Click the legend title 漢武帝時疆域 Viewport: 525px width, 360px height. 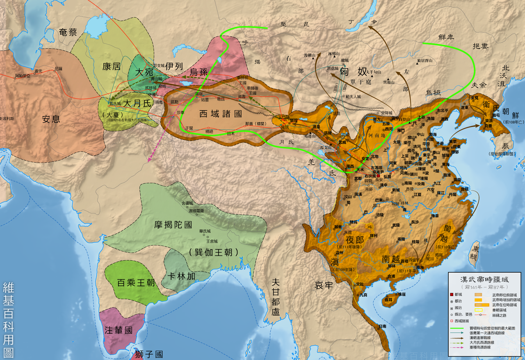click(484, 279)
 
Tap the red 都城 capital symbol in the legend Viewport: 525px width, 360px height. click(452, 294)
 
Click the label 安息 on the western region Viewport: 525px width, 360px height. click(51, 119)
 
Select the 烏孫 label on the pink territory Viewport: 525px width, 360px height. click(199, 72)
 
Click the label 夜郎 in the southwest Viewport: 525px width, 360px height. click(355, 239)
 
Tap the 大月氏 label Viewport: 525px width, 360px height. click(137, 103)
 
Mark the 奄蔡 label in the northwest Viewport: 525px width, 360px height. click(68, 33)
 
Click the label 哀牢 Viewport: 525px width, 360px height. click(324, 285)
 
